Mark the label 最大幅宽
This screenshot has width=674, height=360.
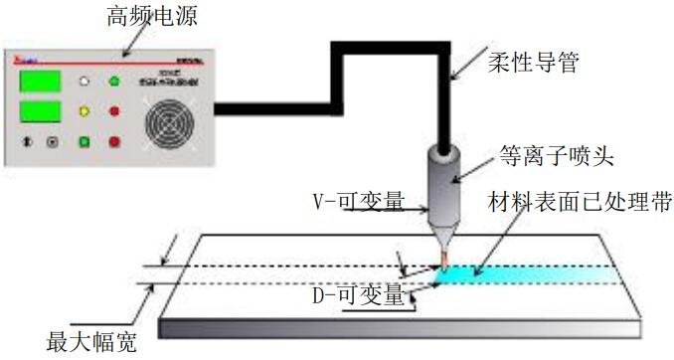pyautogui.click(x=88, y=343)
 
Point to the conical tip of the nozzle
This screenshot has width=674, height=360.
pyautogui.click(x=442, y=236)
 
